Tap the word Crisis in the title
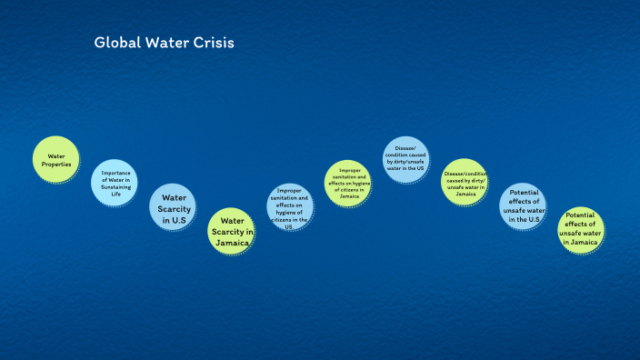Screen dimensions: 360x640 click(214, 43)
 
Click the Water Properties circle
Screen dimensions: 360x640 click(56, 160)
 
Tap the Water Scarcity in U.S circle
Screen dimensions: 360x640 click(174, 207)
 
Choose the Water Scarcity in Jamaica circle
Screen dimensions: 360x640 click(233, 231)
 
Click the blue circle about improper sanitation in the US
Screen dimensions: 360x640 click(290, 209)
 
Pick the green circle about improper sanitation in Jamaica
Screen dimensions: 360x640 click(349, 183)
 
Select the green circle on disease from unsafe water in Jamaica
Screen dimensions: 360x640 click(465, 182)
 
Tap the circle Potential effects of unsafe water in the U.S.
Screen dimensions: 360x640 click(524, 205)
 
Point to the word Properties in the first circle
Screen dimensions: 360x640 click(56, 165)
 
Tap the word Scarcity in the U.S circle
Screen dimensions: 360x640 click(174, 208)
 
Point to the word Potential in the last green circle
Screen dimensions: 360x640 click(581, 215)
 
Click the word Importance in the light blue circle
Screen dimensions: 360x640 click(115, 173)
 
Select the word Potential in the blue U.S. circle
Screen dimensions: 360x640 click(525, 192)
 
